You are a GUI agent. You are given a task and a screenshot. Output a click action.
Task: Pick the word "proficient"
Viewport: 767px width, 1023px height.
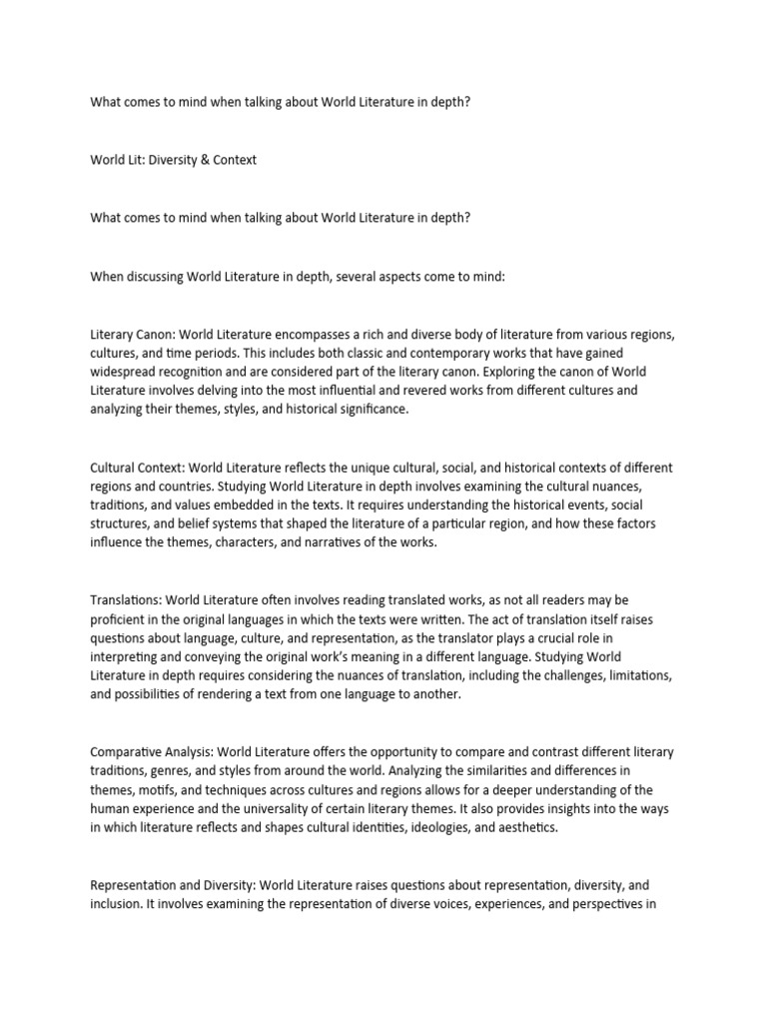(122, 619)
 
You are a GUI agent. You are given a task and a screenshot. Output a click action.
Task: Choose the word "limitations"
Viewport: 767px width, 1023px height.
(628, 675)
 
